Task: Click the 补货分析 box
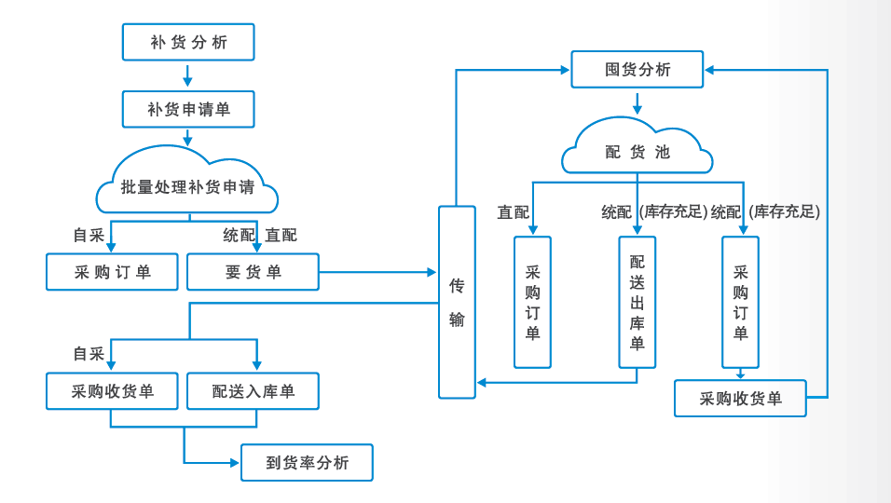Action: (188, 42)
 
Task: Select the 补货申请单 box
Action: (188, 109)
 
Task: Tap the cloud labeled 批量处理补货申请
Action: (187, 185)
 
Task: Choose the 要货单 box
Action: (253, 272)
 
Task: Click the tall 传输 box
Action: (457, 302)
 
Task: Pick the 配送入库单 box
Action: (253, 391)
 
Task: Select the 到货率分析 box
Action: (307, 463)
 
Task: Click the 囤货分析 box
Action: (637, 70)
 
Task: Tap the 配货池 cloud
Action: (637, 151)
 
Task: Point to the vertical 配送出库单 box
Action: (637, 302)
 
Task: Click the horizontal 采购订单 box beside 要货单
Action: (112, 272)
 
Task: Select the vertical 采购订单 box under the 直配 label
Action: (532, 302)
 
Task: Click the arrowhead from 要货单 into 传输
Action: (432, 272)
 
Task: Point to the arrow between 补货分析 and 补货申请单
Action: (188, 76)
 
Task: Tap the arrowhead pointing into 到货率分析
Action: (235, 463)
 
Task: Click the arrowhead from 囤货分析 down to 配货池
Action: (637, 109)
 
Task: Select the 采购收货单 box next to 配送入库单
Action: (112, 391)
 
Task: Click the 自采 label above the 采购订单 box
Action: (89, 235)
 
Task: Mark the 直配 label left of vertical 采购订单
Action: (513, 211)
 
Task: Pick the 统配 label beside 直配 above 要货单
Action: (239, 235)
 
